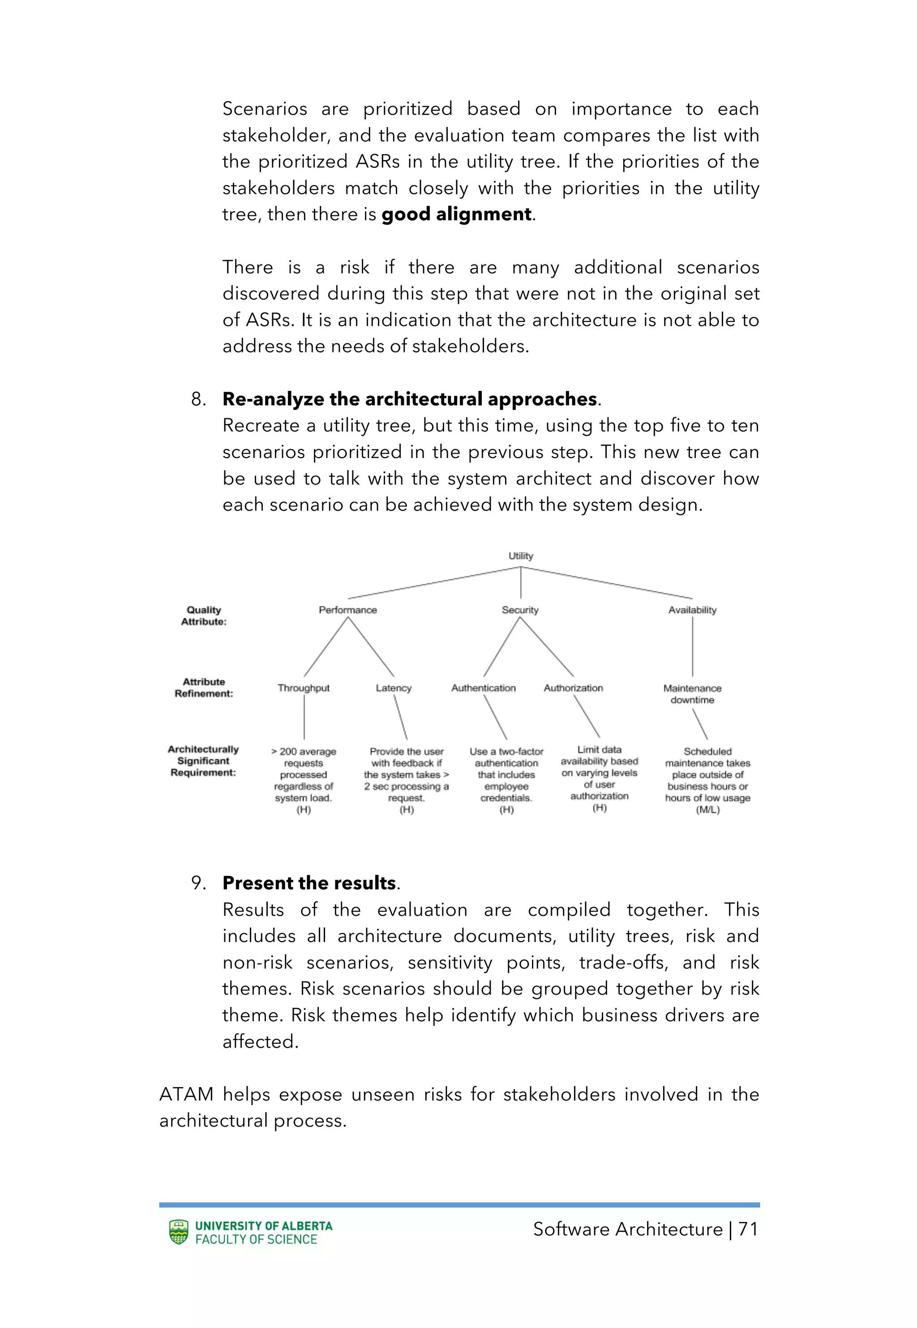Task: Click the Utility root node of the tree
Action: point(521,556)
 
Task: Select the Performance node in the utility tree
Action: point(347,610)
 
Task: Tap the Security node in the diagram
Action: point(520,610)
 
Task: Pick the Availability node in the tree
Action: point(692,610)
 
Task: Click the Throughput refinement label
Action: point(304,688)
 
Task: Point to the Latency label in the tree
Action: point(394,688)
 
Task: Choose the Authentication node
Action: point(483,688)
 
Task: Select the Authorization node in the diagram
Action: point(574,688)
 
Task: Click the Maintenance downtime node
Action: point(692,694)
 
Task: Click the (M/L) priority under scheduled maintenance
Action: point(707,810)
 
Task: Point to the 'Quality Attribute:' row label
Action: point(204,616)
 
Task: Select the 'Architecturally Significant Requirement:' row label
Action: point(203,761)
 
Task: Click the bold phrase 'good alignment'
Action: point(457,214)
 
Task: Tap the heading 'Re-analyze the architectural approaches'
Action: point(410,399)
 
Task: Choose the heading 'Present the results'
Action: point(309,883)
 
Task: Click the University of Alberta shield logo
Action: point(179,1232)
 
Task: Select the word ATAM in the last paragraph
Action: point(186,1094)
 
